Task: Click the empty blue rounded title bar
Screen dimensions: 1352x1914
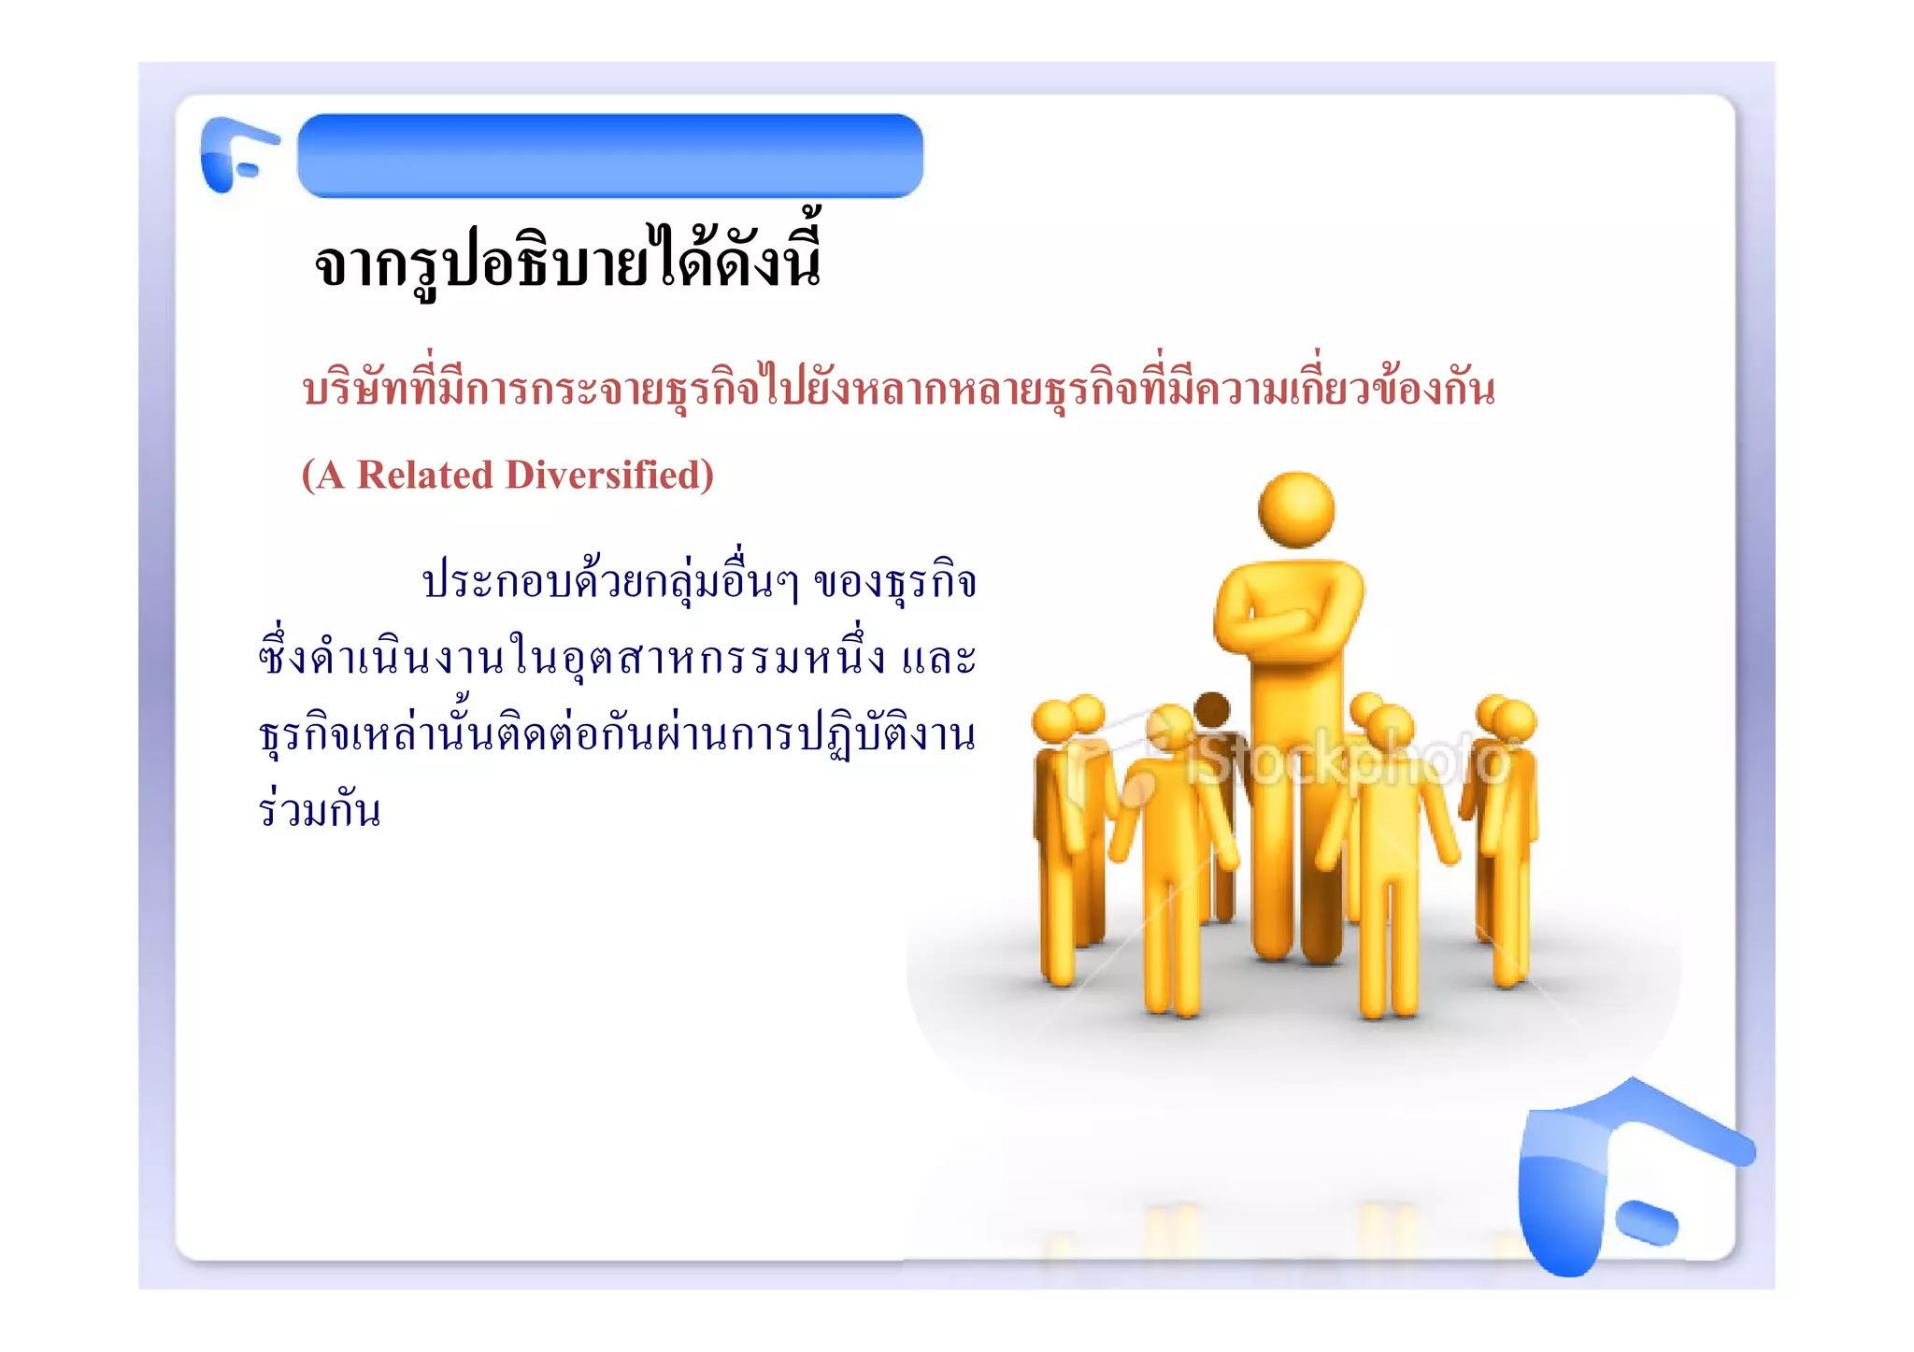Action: coord(610,155)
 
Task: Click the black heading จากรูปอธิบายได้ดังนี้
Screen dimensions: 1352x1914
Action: coord(567,263)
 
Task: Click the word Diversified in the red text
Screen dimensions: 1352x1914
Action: coord(601,476)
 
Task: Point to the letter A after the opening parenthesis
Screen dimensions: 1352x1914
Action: coord(331,476)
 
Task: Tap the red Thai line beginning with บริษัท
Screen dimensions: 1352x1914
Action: coord(898,389)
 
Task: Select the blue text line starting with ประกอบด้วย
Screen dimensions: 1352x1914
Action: coord(699,582)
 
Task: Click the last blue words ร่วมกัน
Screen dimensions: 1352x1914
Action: coord(320,809)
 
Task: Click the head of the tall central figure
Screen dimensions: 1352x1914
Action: coord(1296,509)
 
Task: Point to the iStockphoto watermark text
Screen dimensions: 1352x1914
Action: coord(1346,761)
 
